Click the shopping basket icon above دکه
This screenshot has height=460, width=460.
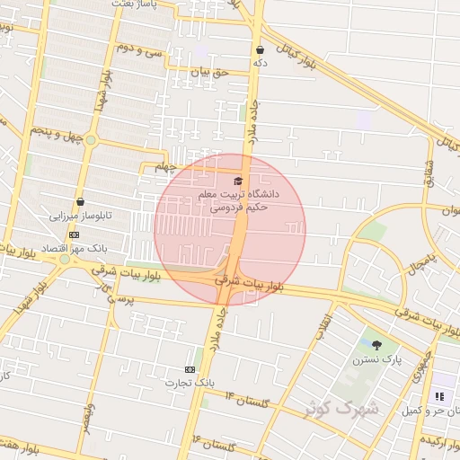(x=261, y=50)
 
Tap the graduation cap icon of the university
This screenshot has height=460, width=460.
(x=238, y=181)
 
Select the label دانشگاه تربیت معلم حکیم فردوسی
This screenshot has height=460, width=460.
(x=244, y=199)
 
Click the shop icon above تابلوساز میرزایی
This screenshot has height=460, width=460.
(x=81, y=202)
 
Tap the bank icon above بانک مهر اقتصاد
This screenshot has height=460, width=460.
(x=74, y=235)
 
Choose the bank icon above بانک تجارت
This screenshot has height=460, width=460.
(x=190, y=369)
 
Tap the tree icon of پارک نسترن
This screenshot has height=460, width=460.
(x=376, y=345)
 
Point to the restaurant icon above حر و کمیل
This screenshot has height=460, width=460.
(x=439, y=396)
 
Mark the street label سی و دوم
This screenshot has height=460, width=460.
(x=139, y=50)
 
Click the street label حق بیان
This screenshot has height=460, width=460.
(x=212, y=70)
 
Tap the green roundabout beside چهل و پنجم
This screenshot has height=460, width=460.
(x=91, y=139)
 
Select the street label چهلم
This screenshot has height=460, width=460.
(x=162, y=166)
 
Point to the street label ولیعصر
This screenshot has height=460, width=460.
(x=87, y=418)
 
